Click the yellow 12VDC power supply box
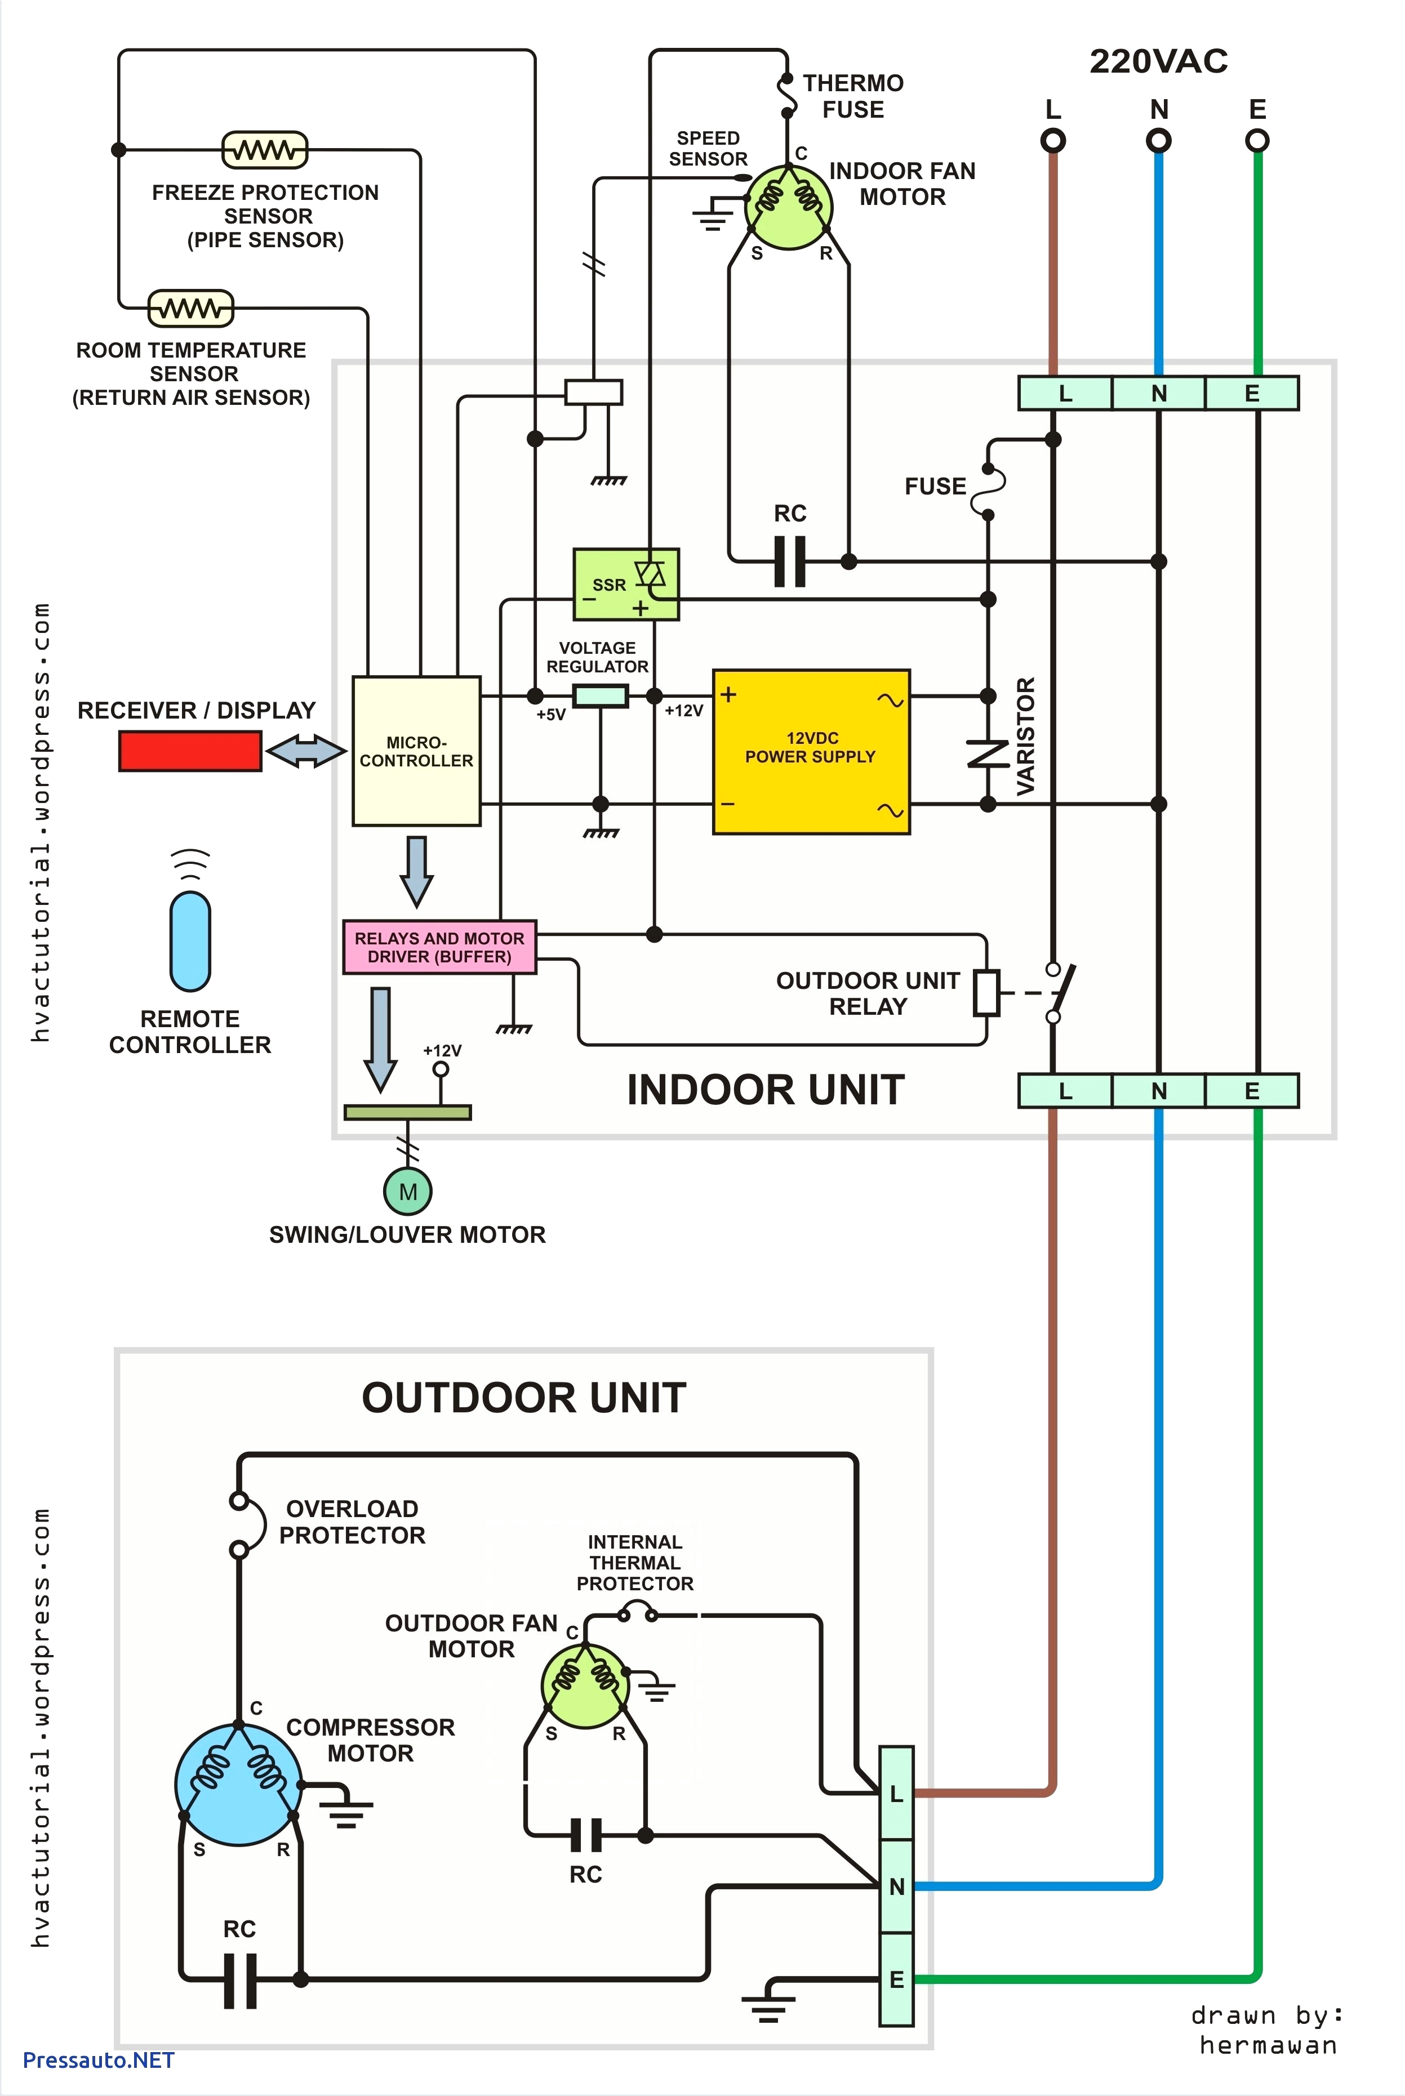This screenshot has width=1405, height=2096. (x=811, y=752)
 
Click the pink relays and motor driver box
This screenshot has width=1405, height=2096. (x=439, y=947)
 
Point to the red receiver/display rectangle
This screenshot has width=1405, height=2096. (x=190, y=751)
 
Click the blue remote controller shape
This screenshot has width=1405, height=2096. (x=190, y=940)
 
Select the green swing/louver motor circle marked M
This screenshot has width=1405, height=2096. (x=408, y=1191)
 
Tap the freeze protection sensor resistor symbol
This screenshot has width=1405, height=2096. (x=264, y=150)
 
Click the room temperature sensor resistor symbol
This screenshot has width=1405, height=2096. (x=190, y=308)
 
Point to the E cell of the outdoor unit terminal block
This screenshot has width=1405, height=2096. (x=896, y=1979)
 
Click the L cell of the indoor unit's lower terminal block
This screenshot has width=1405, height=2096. (x=1065, y=1091)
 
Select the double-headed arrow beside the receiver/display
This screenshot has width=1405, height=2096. (x=305, y=751)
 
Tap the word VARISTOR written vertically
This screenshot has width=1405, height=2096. (x=1025, y=735)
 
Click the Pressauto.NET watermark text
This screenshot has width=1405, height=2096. (x=99, y=2059)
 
